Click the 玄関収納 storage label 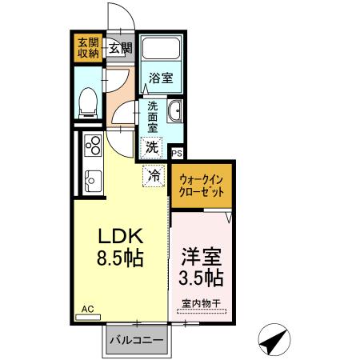point(87,48)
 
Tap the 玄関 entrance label point(122,48)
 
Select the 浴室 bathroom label point(161,78)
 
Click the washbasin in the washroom point(175,110)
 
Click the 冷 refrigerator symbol point(154,174)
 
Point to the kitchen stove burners point(93,146)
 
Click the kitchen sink point(92,180)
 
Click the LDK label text point(120,237)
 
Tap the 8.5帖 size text point(120,261)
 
